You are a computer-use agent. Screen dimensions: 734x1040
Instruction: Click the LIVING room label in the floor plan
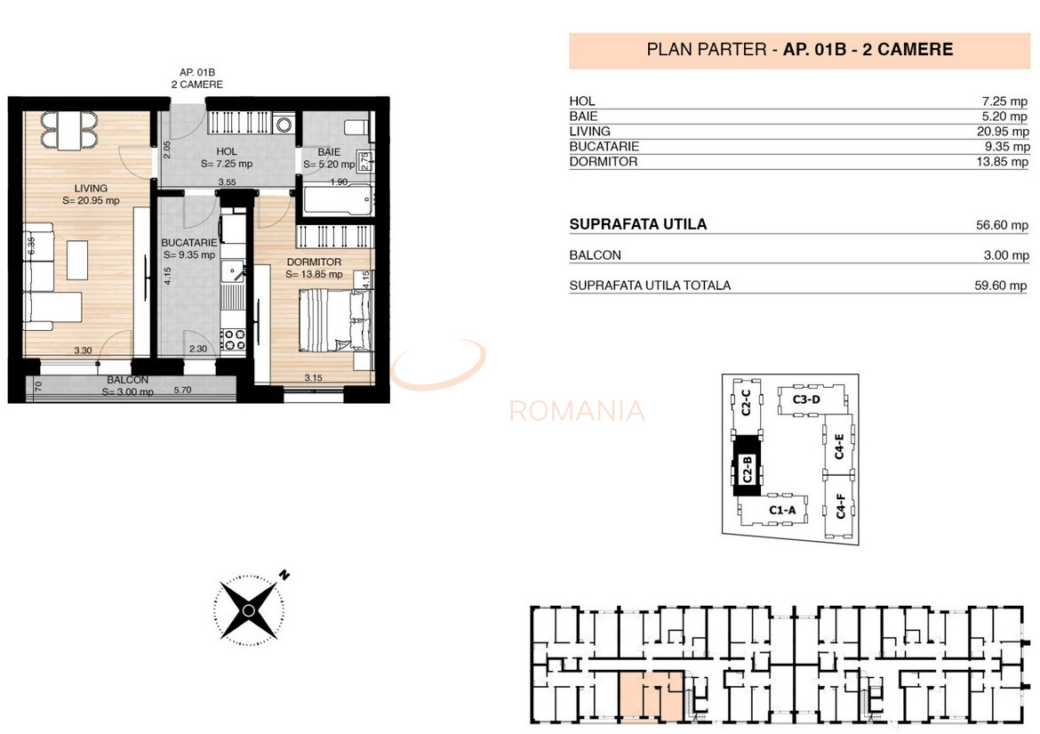tap(92, 189)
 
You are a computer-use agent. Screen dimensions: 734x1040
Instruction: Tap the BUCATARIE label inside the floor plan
tap(189, 242)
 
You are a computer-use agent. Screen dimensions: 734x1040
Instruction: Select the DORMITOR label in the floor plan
tap(314, 262)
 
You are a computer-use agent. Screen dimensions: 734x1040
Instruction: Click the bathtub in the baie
tap(336, 199)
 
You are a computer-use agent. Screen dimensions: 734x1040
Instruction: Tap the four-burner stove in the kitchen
tap(233, 338)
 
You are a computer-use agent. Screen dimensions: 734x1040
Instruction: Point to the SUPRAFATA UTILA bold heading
tap(637, 225)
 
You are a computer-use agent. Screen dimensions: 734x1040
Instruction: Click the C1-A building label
tap(781, 511)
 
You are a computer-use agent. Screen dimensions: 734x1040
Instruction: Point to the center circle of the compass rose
tap(249, 609)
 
